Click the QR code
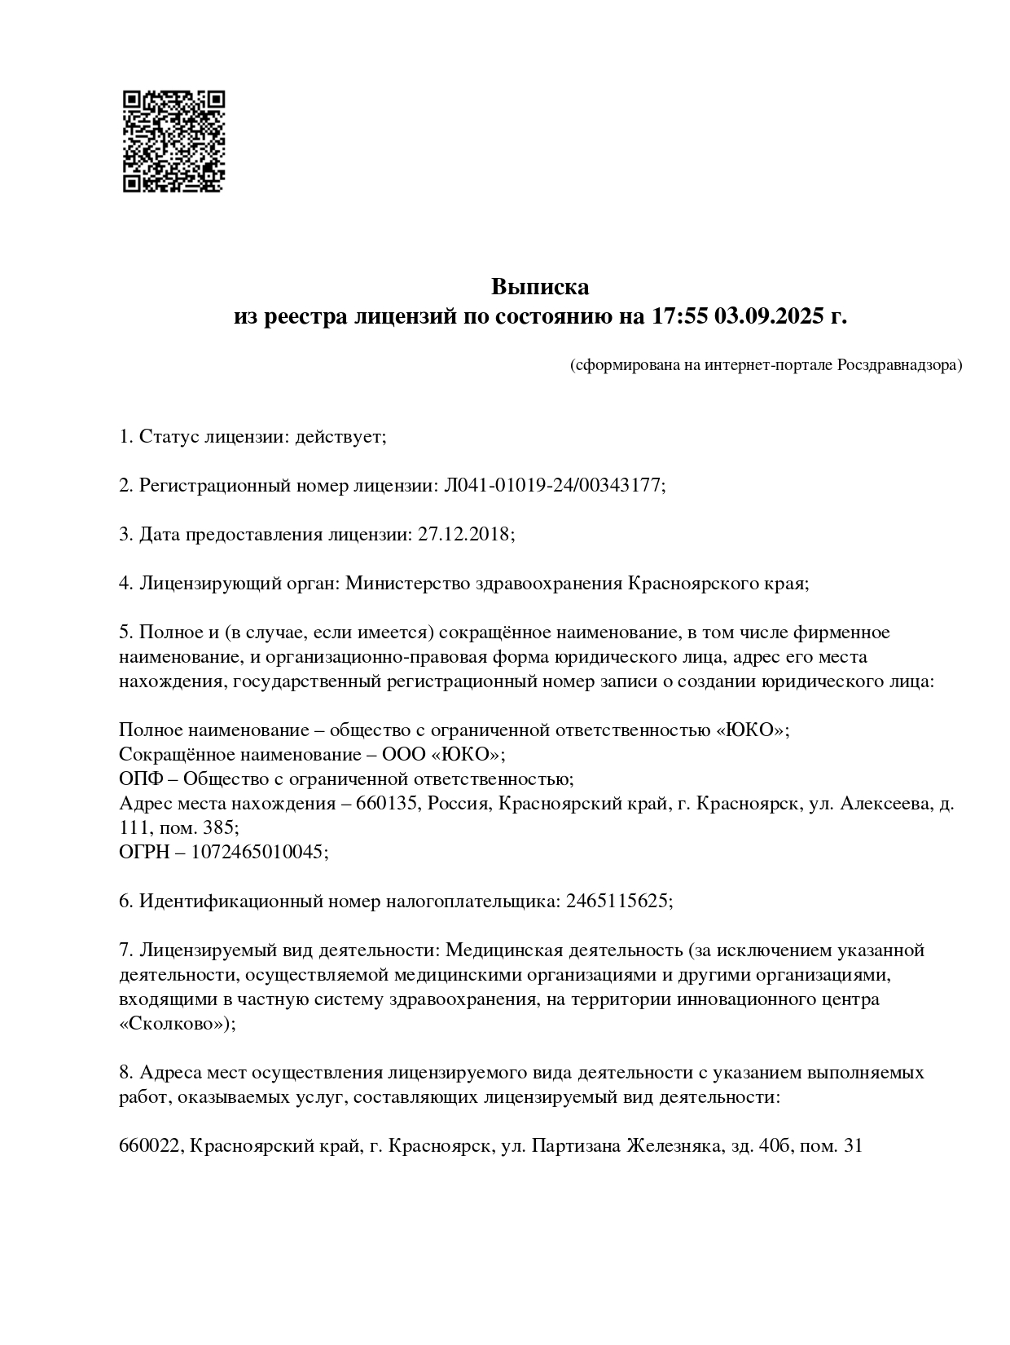173,141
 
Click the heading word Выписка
539,287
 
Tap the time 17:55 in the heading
678,315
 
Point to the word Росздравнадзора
899,365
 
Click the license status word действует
340,437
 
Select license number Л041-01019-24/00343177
553,486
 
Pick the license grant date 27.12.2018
463,535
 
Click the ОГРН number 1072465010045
258,852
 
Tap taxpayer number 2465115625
617,901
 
